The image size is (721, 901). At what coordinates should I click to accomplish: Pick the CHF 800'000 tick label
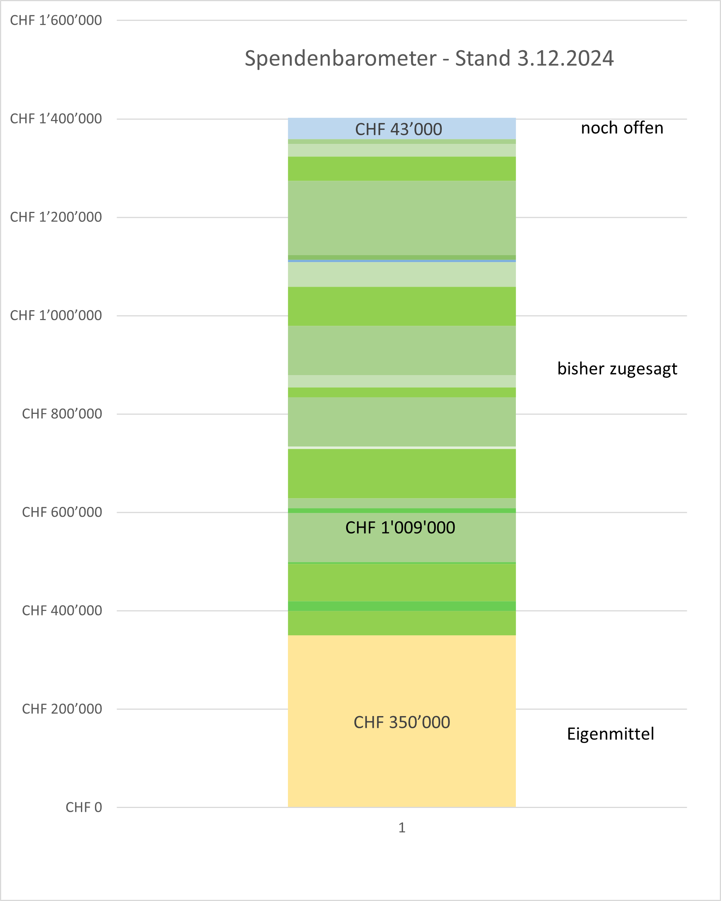pyautogui.click(x=62, y=414)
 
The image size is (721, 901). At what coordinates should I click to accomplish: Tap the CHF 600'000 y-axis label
pyautogui.click(x=62, y=512)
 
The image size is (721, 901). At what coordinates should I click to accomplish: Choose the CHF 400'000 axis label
pyautogui.click(x=62, y=611)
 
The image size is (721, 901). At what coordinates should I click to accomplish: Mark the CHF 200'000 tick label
pyautogui.click(x=62, y=709)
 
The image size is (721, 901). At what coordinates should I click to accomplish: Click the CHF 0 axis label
pyautogui.click(x=84, y=807)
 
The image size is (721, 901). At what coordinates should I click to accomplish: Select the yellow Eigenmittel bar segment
pyautogui.click(x=402, y=773)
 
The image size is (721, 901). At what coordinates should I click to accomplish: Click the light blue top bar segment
pyautogui.click(x=318, y=129)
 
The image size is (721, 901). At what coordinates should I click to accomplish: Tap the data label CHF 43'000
pyautogui.click(x=398, y=129)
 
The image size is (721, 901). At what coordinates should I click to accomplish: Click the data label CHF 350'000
pyautogui.click(x=402, y=723)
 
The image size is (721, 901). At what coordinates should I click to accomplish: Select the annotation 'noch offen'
pyautogui.click(x=622, y=128)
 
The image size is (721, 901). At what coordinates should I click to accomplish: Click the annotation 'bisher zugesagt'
pyautogui.click(x=617, y=369)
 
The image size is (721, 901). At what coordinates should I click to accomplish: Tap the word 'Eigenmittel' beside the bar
pyautogui.click(x=610, y=734)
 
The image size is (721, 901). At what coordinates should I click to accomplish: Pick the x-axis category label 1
pyautogui.click(x=402, y=828)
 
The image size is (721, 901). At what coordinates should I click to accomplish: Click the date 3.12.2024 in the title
pyautogui.click(x=565, y=58)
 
